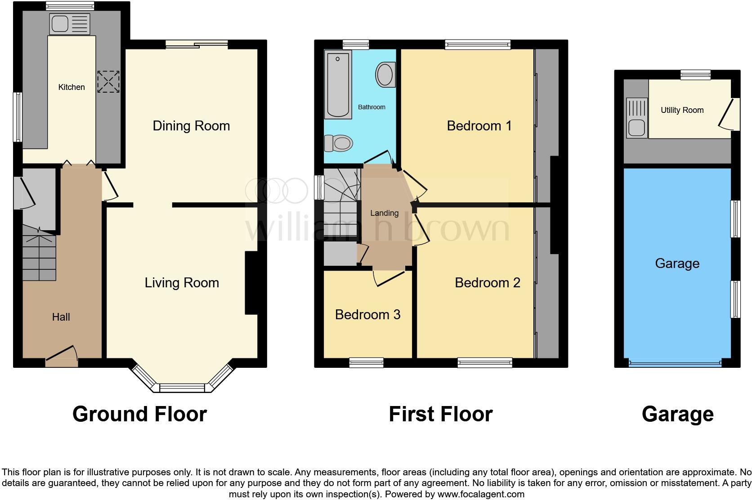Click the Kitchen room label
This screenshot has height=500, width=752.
72,87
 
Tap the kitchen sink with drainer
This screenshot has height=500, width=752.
70,24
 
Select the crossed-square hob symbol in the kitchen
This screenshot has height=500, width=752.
108,82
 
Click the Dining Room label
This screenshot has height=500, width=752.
191,126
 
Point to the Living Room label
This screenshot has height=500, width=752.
182,283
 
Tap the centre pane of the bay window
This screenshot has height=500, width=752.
182,388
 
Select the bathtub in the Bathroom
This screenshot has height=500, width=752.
338,85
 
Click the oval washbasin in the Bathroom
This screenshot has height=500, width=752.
385,75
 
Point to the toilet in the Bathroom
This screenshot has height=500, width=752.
339,143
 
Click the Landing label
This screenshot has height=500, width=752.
384,213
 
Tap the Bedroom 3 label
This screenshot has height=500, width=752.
367,315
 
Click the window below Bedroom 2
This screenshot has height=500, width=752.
485,362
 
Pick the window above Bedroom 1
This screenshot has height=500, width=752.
478,44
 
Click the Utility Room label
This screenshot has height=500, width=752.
682,110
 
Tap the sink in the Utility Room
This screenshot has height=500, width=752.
636,128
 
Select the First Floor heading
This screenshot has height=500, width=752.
440,414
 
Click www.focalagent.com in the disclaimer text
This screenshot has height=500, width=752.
481,494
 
